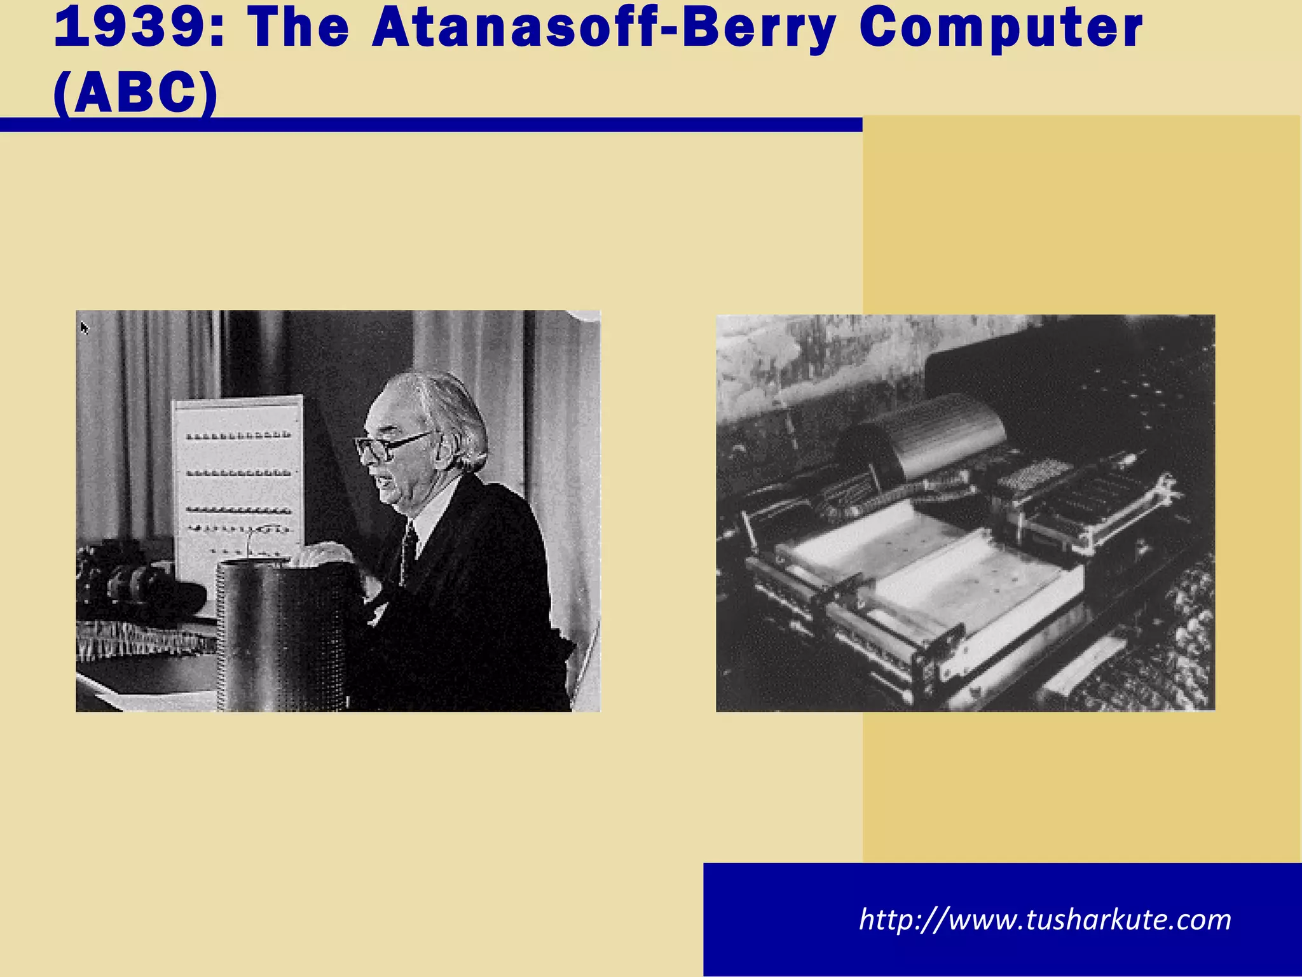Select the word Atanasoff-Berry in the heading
click(604, 29)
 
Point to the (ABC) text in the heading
click(136, 94)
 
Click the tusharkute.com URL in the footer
click(1045, 920)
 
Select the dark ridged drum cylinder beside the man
click(283, 636)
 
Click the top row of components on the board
click(238, 436)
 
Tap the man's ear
click(439, 445)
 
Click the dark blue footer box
click(1002, 919)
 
